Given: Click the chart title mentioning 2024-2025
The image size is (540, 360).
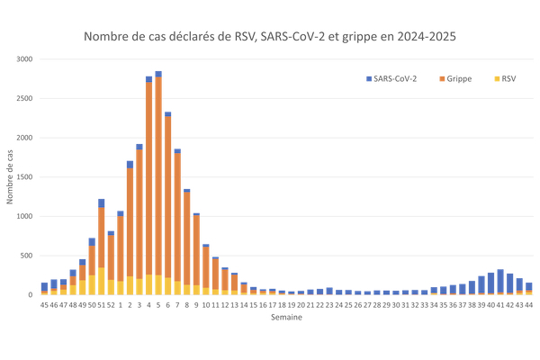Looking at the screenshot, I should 270,38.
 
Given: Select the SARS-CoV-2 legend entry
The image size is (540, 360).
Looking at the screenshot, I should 394,78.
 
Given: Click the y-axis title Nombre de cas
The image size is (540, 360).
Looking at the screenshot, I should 11,177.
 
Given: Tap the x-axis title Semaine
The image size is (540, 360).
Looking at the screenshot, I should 270,317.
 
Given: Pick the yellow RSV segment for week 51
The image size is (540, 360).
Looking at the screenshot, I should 102,282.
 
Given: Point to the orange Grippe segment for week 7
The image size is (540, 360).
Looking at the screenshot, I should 177,217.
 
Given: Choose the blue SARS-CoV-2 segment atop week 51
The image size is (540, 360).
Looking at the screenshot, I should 102,203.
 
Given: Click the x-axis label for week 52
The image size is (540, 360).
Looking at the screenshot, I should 111,304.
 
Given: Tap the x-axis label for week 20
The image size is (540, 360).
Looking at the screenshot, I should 301,304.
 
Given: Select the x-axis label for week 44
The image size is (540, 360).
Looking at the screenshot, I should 528,304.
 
